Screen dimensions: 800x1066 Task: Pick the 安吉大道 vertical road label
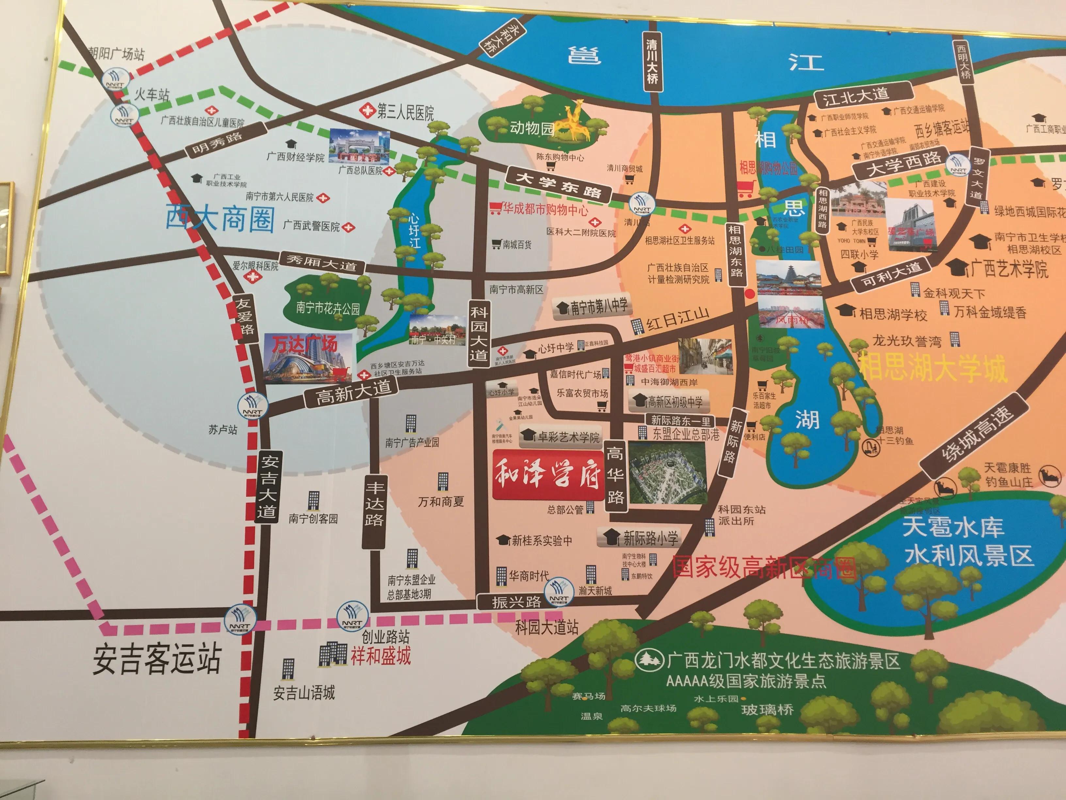(x=268, y=487)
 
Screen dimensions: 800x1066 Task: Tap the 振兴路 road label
(x=516, y=602)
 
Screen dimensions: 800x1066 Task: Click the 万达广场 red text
(x=305, y=345)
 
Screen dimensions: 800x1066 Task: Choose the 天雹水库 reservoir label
(x=953, y=526)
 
